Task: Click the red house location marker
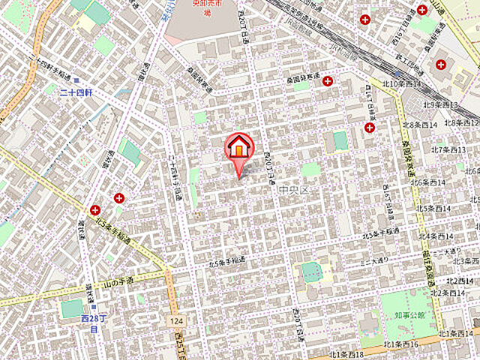coord(239,148)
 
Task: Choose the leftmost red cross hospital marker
coord(94,210)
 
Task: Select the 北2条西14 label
coord(457,280)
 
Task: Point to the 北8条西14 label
coord(420,124)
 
